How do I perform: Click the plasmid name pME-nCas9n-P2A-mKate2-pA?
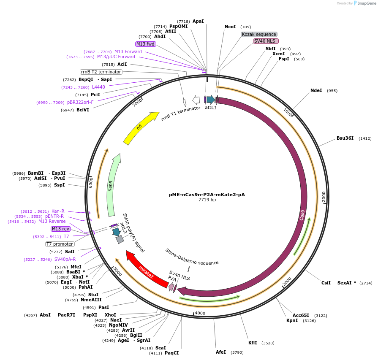coord(207,195)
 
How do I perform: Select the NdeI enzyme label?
coord(316,90)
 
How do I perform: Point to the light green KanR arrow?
coord(113,186)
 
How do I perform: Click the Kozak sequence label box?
coord(259,34)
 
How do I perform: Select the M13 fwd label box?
coord(145,44)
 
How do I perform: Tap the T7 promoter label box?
coord(60,244)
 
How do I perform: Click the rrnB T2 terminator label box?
coord(101,72)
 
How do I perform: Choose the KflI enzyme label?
coord(253,343)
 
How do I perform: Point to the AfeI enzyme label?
coord(221,352)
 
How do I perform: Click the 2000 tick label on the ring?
coord(324,197)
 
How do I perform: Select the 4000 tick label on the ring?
coord(200,313)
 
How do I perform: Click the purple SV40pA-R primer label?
coord(65,259)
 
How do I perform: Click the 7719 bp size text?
coord(207,200)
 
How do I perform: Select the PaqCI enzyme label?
coord(172,353)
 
